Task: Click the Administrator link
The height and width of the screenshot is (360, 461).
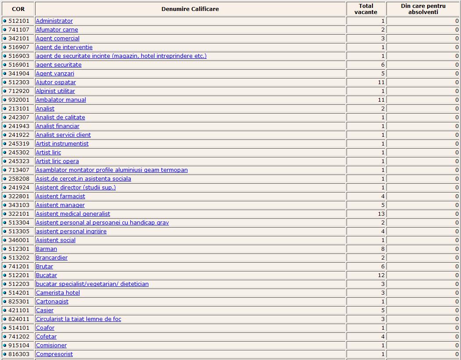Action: point(54,21)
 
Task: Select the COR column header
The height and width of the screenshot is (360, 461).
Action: point(18,9)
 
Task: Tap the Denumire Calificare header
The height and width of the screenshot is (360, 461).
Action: point(190,9)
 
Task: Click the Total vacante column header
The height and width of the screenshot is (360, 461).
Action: point(366,9)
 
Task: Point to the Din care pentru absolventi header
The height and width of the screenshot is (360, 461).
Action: point(423,9)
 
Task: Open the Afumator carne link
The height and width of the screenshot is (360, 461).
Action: point(57,30)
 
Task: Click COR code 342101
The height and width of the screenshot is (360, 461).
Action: point(19,39)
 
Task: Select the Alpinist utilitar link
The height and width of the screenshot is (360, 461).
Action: point(55,91)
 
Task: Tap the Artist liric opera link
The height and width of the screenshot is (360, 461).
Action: point(57,161)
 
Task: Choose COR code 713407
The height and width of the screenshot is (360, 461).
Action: point(19,170)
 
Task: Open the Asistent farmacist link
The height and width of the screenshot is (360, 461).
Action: point(61,196)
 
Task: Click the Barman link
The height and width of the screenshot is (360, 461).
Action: point(46,249)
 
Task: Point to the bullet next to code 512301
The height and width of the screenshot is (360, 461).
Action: point(5,249)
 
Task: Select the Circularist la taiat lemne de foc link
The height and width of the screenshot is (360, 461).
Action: point(79,319)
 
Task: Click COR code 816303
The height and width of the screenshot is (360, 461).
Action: point(19,354)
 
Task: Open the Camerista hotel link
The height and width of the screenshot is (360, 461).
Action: point(58,293)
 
